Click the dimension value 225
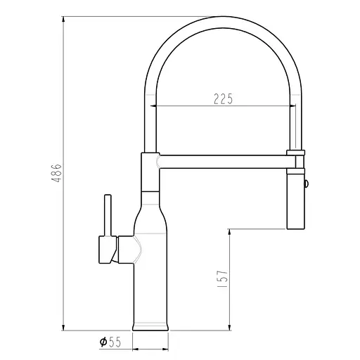tap(223, 98)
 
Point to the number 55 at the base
tap(115, 342)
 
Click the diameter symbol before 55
tap(103, 342)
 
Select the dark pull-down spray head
tap(295, 200)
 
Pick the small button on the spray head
tap(305, 184)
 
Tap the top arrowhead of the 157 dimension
tap(231, 233)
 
